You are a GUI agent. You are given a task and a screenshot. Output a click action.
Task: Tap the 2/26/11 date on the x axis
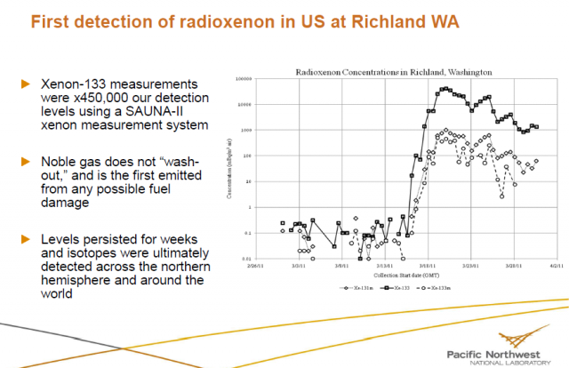[x=257, y=265]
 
